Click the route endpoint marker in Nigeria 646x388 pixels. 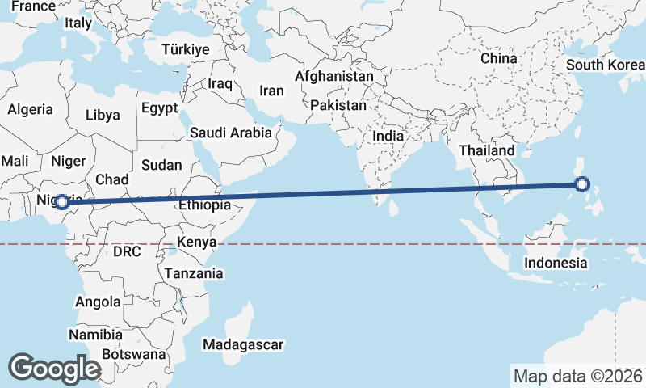pos(61,201)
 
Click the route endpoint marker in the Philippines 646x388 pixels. pos(583,185)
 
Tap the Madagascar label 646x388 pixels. pos(243,345)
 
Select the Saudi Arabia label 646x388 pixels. pos(231,133)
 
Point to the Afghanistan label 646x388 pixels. pos(334,77)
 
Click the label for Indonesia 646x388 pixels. pos(556,264)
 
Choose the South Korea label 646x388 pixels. pos(605,65)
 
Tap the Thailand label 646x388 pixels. pos(486,150)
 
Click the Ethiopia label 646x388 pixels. pos(204,205)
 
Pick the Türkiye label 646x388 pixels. pos(186,49)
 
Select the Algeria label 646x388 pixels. pos(30,109)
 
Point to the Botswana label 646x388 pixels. pos(134,354)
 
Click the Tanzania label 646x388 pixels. pos(194,274)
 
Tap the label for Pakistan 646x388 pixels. pos(338,105)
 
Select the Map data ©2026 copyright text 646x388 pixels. pos(578,376)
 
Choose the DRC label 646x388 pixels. pos(127,251)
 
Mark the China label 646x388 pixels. pos(498,58)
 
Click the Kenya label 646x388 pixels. pos(196,242)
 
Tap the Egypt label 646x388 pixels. pos(159,108)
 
